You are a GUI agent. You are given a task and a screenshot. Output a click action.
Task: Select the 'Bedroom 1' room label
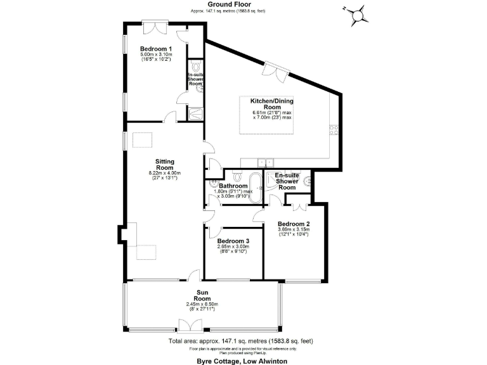click(x=156, y=49)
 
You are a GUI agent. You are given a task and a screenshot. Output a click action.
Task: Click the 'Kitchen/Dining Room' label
click(x=271, y=105)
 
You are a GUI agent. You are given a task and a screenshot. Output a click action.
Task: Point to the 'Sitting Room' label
click(x=165, y=165)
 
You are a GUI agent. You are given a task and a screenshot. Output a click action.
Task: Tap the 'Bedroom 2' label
click(x=293, y=224)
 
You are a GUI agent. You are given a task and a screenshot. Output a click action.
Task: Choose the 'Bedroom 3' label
click(x=233, y=241)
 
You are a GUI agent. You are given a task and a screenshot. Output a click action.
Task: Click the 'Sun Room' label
click(x=202, y=295)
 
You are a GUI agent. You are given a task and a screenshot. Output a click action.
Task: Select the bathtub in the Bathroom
click(x=256, y=188)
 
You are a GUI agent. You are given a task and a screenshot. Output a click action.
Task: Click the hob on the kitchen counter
click(x=334, y=131)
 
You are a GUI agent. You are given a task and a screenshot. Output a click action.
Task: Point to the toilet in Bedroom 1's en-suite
click(x=196, y=67)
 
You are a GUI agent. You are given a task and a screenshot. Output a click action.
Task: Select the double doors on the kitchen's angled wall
click(x=275, y=70)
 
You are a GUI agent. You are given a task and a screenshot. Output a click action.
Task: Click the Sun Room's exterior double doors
click(x=187, y=326)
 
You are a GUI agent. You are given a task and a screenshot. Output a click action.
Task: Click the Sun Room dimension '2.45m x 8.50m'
click(x=202, y=304)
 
